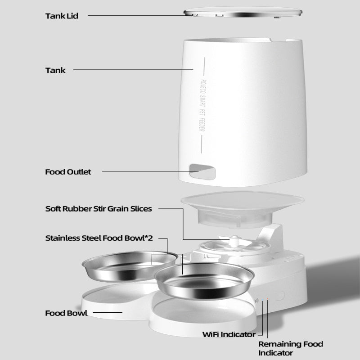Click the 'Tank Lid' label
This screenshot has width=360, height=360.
pos(62,16)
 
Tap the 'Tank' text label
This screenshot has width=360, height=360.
pos(55,70)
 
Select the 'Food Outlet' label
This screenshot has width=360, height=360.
pos(68,172)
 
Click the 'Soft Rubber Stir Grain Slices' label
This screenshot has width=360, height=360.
pos(99,209)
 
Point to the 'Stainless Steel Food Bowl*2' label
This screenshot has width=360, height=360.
pos(99,238)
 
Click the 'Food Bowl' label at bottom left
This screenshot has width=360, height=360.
pos(66,313)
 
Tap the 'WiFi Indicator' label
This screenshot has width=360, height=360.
pos(228,334)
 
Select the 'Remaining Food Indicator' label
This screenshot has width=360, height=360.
pos(290,349)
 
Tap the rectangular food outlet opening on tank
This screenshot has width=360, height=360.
pos(201,171)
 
